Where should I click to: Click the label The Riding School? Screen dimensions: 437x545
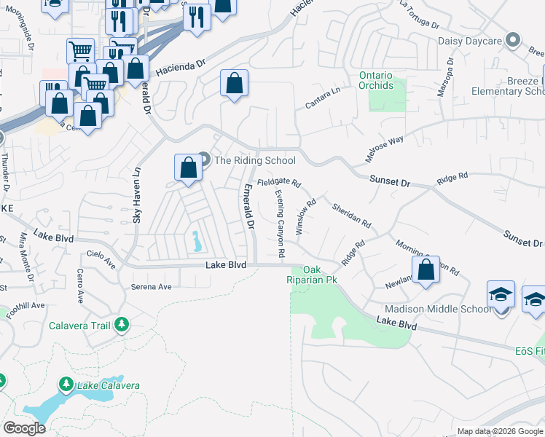(255, 160)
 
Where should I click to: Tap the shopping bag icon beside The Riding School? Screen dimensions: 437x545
(188, 168)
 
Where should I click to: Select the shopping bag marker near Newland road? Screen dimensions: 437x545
(426, 269)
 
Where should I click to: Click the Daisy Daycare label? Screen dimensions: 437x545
(470, 41)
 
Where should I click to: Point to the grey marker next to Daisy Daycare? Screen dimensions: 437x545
(513, 40)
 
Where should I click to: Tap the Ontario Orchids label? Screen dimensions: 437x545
(375, 81)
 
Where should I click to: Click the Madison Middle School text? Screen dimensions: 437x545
(445, 309)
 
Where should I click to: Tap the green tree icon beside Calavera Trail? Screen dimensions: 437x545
(122, 324)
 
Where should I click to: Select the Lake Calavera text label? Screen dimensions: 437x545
(109, 385)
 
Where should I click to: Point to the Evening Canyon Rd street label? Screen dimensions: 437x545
(280, 224)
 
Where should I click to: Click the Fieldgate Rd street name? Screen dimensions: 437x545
(278, 182)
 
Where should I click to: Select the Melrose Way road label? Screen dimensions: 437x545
(384, 149)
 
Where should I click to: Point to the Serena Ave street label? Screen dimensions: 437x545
(151, 287)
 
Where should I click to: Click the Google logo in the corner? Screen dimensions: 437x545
(24, 428)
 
